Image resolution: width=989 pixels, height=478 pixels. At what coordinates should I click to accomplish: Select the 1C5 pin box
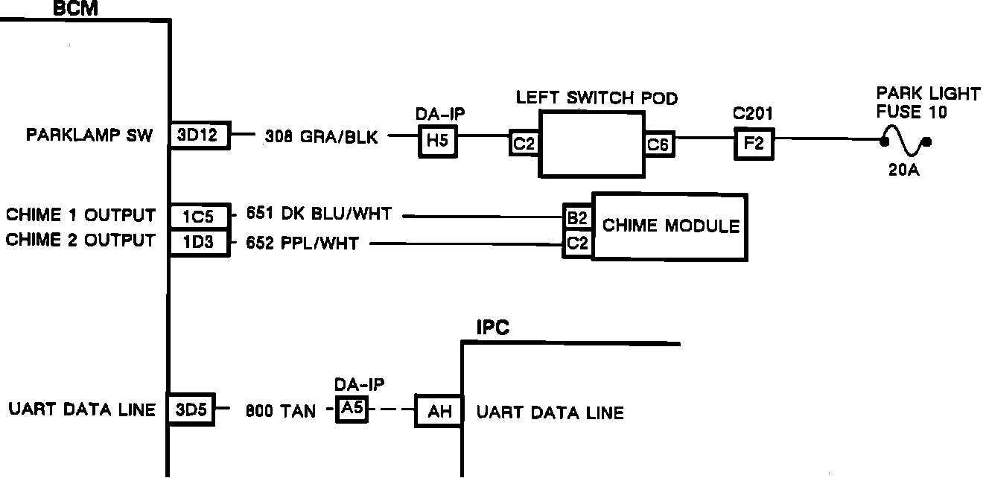[199, 216]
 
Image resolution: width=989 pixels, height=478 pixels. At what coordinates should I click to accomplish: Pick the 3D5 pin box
[191, 410]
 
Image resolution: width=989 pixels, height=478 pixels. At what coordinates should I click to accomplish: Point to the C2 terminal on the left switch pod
[524, 144]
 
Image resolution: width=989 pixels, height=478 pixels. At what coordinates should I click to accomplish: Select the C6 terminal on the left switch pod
[658, 144]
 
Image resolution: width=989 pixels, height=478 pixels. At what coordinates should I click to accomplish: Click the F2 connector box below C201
[754, 143]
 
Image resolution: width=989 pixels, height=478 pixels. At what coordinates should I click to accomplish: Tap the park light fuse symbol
[905, 141]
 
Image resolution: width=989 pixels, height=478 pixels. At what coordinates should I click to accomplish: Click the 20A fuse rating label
[904, 171]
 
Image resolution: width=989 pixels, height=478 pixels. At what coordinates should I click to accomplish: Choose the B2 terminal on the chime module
[577, 217]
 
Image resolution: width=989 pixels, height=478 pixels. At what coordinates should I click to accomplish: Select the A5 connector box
[352, 409]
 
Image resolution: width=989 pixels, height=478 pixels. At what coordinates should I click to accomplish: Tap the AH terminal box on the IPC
[439, 411]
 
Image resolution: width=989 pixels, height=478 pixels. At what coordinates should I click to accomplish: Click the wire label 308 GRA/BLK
[322, 137]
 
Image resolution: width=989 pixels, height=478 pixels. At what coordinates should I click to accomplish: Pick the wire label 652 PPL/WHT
[302, 243]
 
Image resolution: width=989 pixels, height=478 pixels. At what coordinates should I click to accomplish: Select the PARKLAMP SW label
[90, 136]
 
